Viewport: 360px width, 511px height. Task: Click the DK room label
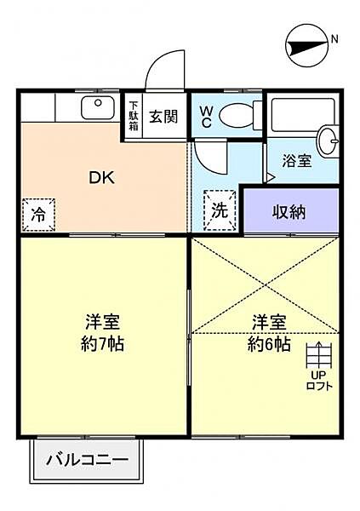102,178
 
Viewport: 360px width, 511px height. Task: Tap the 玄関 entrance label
163,117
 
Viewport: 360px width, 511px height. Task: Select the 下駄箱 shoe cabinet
134,117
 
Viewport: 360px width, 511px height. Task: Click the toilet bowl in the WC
237,116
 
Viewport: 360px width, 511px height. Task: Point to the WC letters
206,117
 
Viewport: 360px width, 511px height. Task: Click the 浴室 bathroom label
297,161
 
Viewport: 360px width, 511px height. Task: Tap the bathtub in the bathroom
303,115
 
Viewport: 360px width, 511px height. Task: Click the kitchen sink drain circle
98,103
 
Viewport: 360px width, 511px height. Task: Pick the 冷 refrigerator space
39,215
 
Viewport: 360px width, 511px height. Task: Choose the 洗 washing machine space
220,210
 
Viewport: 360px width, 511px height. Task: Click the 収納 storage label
289,212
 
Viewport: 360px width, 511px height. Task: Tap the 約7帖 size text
102,343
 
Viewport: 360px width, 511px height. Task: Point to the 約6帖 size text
269,344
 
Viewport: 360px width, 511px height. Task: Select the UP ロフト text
319,381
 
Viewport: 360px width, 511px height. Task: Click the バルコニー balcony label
88,460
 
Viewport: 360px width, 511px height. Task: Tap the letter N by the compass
334,39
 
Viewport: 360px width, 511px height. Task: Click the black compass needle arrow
307,48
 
